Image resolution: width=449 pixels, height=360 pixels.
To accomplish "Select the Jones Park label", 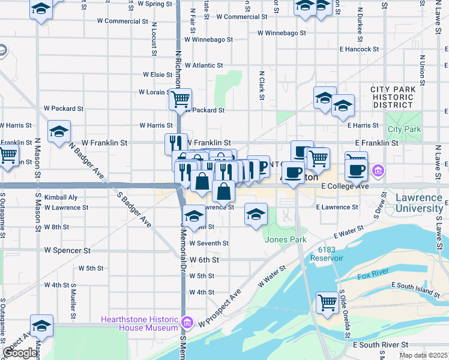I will [285, 240].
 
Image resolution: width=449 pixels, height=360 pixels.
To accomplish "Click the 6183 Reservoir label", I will [327, 253].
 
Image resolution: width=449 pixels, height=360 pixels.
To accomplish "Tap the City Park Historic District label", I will [393, 97].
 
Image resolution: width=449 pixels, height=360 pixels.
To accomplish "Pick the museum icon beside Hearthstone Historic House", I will [186, 323].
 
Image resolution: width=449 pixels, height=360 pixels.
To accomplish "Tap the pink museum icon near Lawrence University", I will [377, 171].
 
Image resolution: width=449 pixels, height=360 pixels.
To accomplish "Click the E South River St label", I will [381, 345].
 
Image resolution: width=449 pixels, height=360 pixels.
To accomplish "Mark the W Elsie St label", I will [158, 75].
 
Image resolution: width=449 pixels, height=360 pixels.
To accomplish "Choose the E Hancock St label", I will [359, 49].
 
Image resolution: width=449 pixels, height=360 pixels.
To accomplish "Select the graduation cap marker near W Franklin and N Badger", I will [59, 132].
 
